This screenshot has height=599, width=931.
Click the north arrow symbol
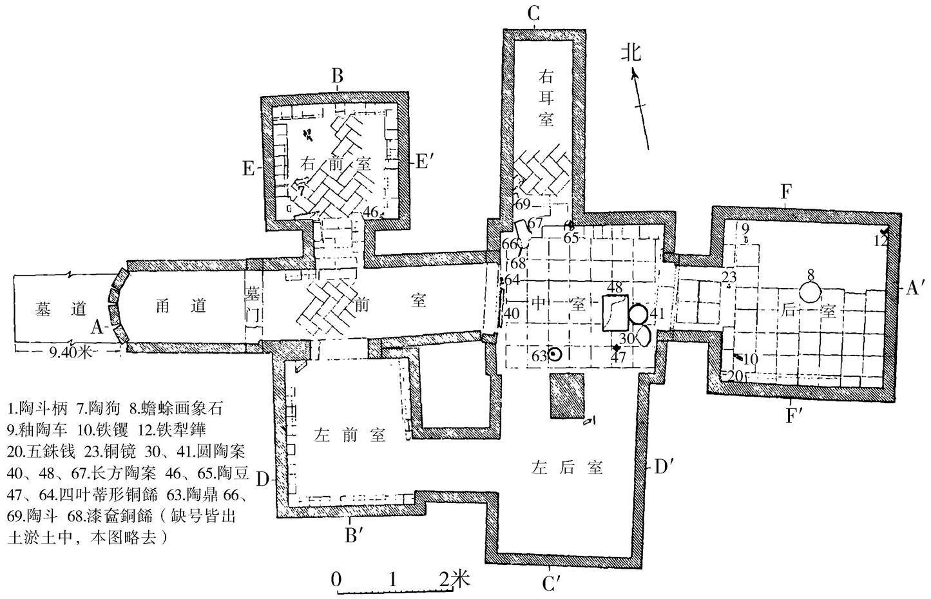coord(642,106)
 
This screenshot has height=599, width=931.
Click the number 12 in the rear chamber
coord(881,240)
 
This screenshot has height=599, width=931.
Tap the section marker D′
coord(664,467)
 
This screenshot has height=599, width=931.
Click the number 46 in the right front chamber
coord(369,212)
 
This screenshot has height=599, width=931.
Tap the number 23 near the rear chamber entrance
coord(729,278)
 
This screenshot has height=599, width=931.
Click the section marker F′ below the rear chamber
coord(794,415)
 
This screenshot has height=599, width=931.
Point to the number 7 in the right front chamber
coord(300,190)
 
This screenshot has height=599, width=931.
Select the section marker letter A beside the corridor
coord(97,327)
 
